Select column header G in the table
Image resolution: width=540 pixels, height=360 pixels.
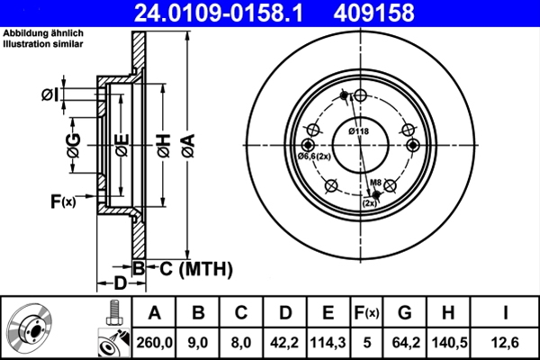(404, 312)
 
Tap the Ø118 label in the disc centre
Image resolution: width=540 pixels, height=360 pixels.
(360, 132)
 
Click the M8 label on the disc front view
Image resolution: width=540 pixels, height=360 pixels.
(377, 184)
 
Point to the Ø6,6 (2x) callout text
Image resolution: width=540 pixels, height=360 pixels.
(315, 157)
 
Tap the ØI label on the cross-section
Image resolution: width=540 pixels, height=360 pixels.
(50, 94)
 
